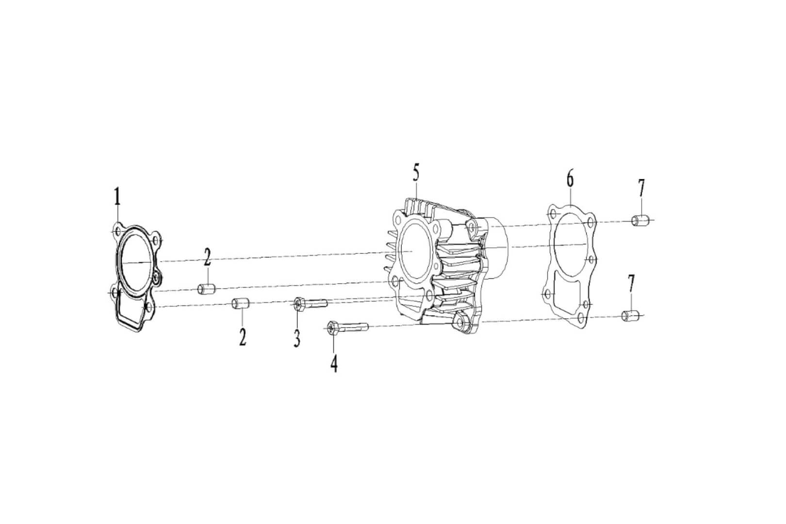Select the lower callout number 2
(x=242, y=336)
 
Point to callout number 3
(x=296, y=338)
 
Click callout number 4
(x=333, y=363)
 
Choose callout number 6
(x=570, y=179)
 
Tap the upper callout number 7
(x=641, y=187)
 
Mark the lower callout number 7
(x=631, y=283)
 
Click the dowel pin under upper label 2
(x=206, y=290)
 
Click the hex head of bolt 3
(x=298, y=304)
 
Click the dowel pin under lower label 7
(x=630, y=316)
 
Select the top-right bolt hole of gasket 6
(x=589, y=222)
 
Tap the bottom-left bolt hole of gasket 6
(x=547, y=295)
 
